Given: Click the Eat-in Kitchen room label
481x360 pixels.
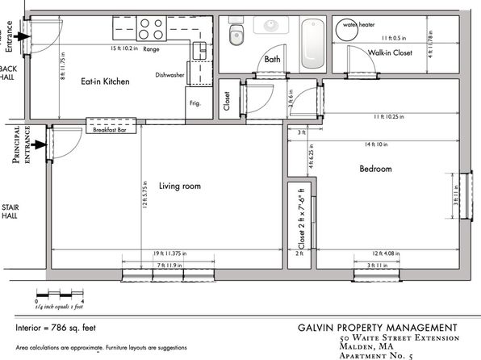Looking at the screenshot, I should tap(105, 82).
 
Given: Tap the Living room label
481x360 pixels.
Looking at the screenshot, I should tap(179, 186).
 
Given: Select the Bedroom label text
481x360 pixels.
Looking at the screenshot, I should tap(375, 169).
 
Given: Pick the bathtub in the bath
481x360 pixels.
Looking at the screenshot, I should tap(312, 44).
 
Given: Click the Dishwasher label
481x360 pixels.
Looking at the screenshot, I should tap(170, 75).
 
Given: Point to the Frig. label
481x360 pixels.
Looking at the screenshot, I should tap(195, 103).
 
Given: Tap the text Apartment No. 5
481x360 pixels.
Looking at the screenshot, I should tap(375, 355).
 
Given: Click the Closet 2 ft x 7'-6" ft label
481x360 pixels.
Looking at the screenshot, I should tap(295, 219).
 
